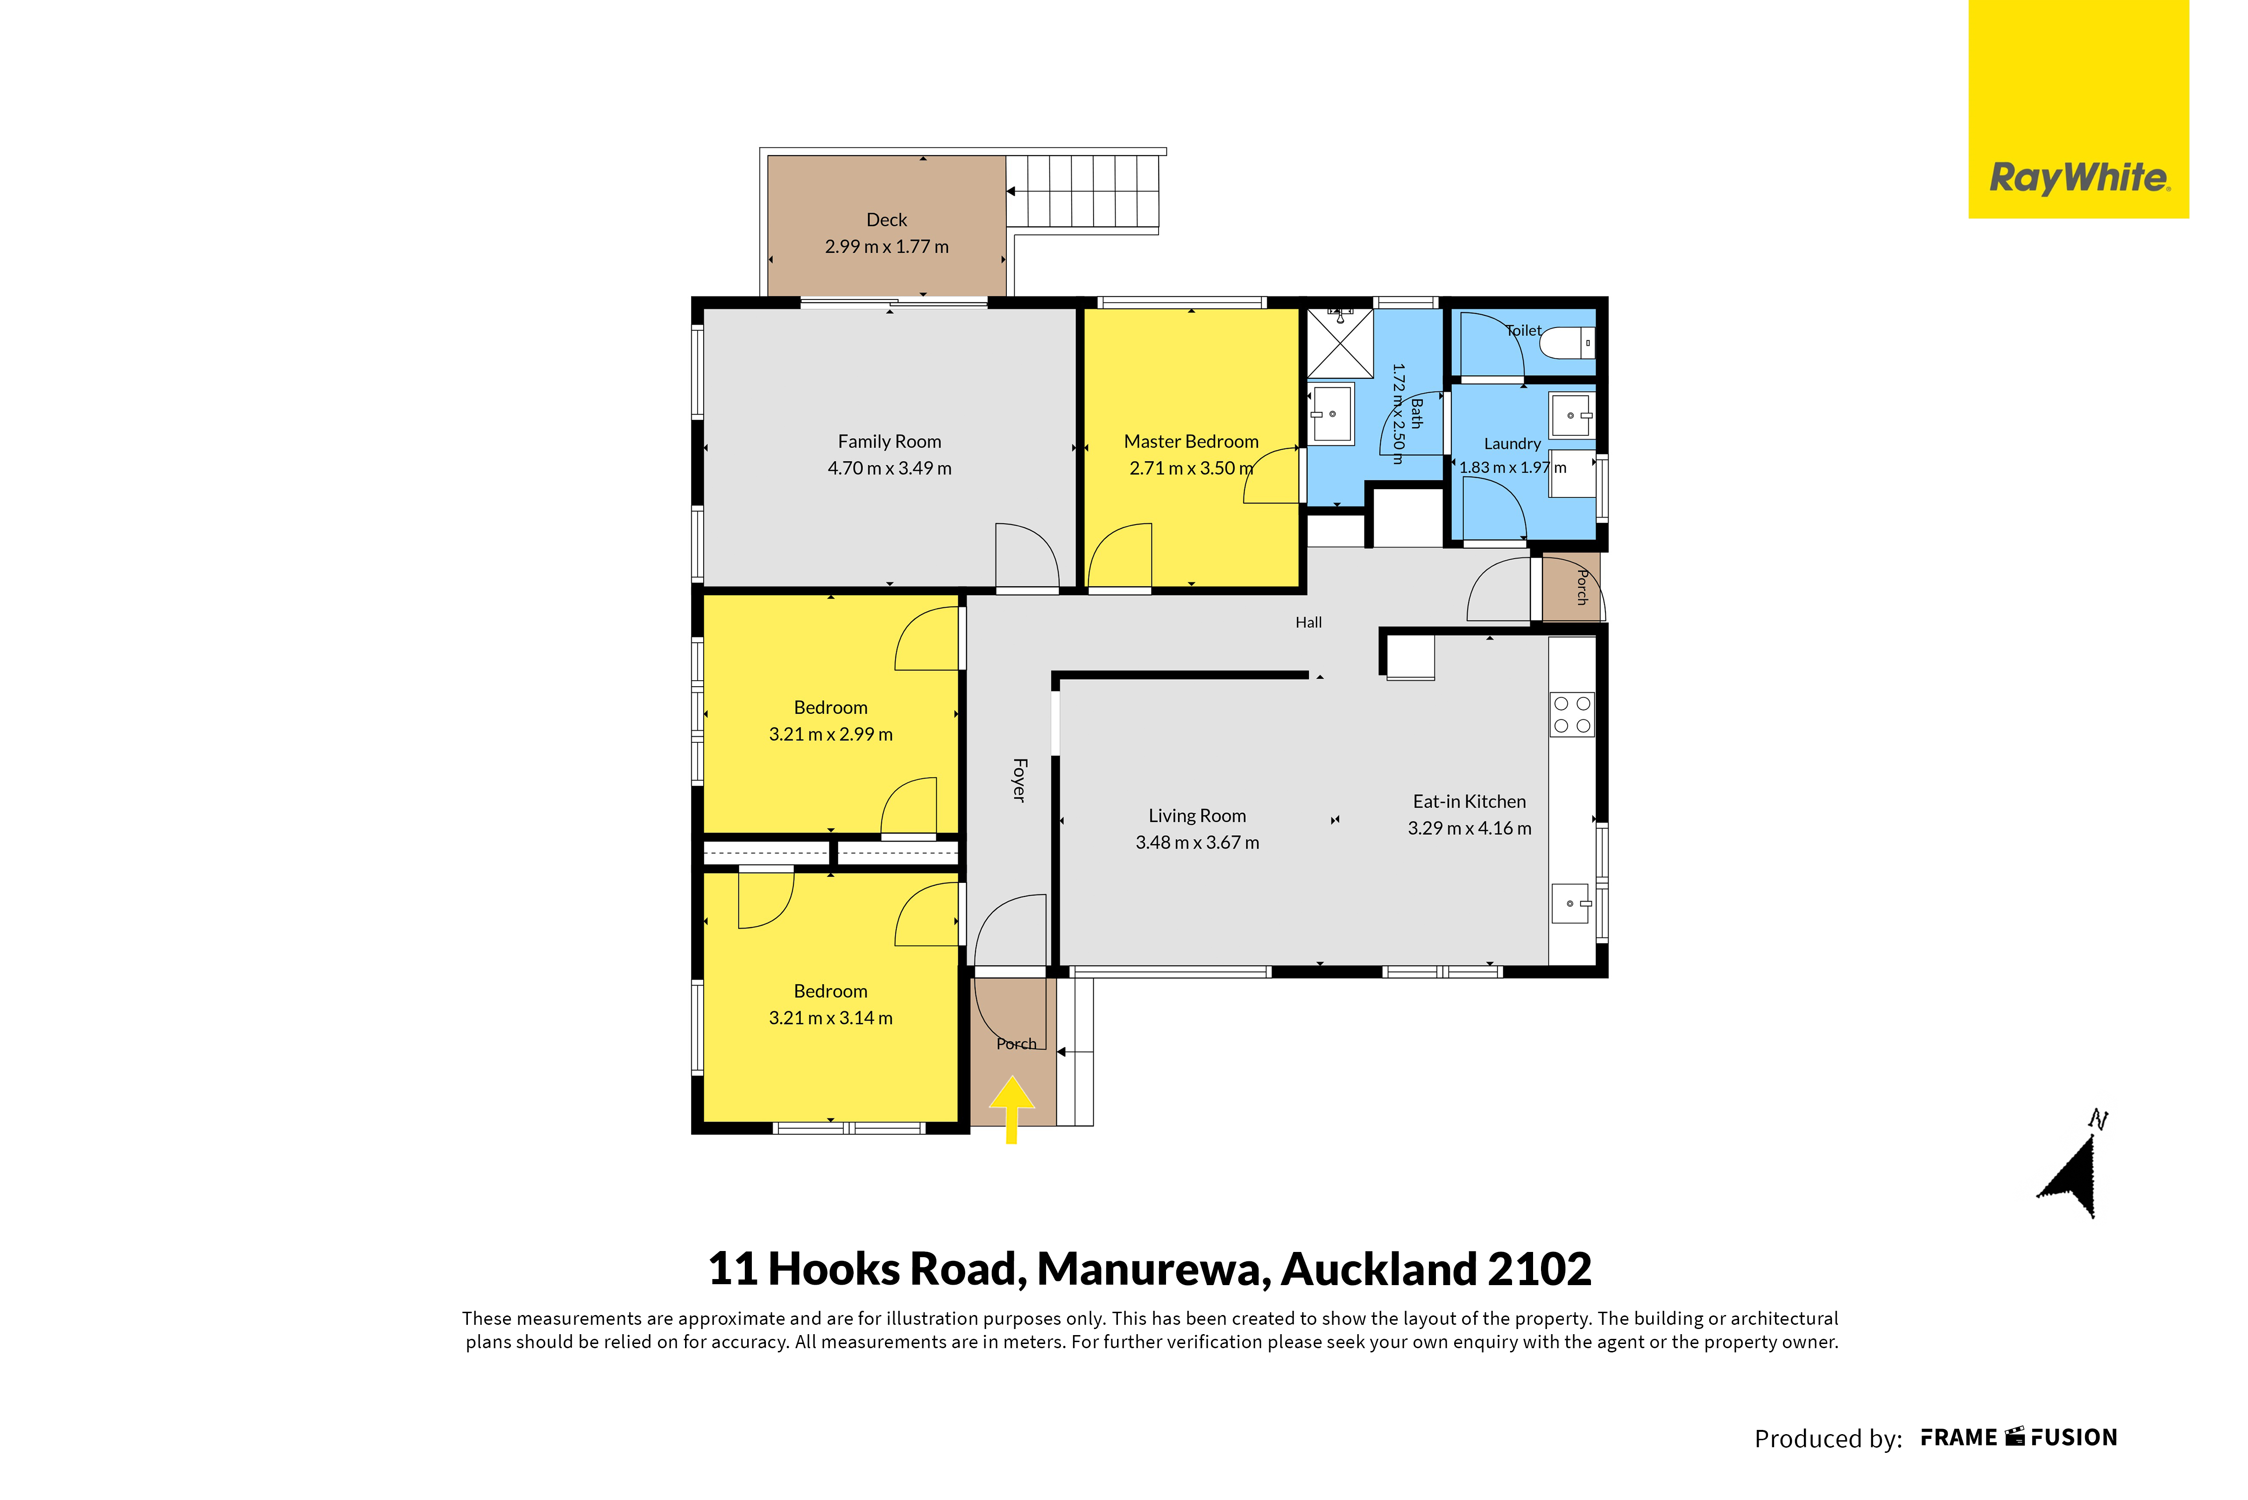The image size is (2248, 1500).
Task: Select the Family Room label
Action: click(889, 441)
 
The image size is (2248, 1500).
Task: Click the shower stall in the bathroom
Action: click(1340, 342)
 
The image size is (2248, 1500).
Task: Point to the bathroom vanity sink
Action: click(1331, 414)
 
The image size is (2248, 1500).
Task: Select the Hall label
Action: click(1308, 623)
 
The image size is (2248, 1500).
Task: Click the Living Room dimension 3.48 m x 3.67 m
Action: click(1197, 843)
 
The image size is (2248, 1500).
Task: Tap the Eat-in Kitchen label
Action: click(1470, 802)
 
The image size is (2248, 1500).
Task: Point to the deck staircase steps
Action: click(1082, 192)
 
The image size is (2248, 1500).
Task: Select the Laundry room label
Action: click(1512, 444)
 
